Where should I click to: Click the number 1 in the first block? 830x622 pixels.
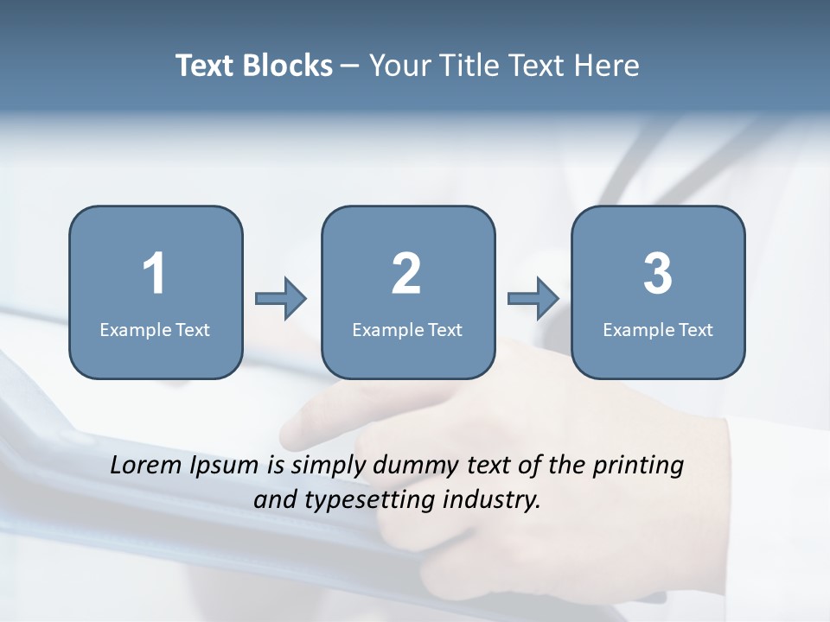(154, 274)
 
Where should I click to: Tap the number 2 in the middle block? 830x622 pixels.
(406, 274)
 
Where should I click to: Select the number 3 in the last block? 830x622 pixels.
(658, 274)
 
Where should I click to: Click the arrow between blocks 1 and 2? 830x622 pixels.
(281, 299)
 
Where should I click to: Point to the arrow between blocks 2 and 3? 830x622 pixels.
(533, 299)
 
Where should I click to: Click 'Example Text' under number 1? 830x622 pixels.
(155, 330)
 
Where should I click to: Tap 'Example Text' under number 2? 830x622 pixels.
(407, 330)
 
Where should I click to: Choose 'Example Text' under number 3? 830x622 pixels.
(658, 330)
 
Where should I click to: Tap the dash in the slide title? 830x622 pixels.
(350, 66)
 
